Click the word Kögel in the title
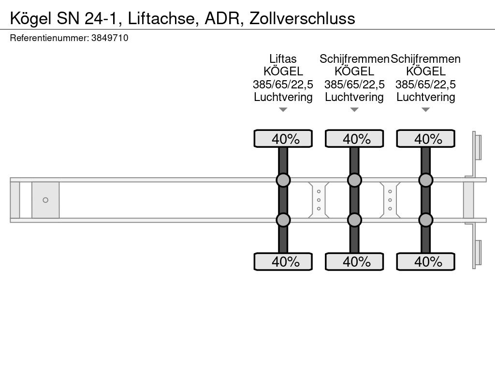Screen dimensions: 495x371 pyautogui.click(x=30, y=19)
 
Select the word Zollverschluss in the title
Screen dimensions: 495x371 pyautogui.click(x=302, y=18)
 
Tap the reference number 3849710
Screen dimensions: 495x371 pyautogui.click(x=110, y=38)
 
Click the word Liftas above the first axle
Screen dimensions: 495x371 pyautogui.click(x=283, y=58)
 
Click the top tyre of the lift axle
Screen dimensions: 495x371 pyautogui.click(x=283, y=139)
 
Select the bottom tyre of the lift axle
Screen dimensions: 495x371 pyautogui.click(x=283, y=261)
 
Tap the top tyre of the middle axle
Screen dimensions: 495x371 pyautogui.click(x=354, y=139)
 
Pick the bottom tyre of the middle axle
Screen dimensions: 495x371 pyautogui.click(x=354, y=261)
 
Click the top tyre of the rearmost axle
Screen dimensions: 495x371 pyautogui.click(x=425, y=139)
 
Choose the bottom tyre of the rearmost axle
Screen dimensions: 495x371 pyautogui.click(x=425, y=261)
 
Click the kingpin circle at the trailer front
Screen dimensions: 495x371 pyautogui.click(x=45, y=200)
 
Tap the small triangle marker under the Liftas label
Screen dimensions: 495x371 pyautogui.click(x=283, y=110)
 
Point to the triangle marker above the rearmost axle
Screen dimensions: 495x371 pyautogui.click(x=425, y=110)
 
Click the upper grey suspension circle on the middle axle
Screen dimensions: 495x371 pyautogui.click(x=354, y=180)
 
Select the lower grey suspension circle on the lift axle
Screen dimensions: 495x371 pyautogui.click(x=283, y=220)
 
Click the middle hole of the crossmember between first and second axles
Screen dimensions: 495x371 pyautogui.click(x=319, y=200)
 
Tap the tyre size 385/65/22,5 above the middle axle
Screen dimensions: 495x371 pyautogui.click(x=354, y=84)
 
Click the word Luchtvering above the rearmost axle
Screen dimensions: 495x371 pyautogui.click(x=425, y=97)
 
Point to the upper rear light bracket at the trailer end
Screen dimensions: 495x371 pyautogui.click(x=477, y=148)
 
